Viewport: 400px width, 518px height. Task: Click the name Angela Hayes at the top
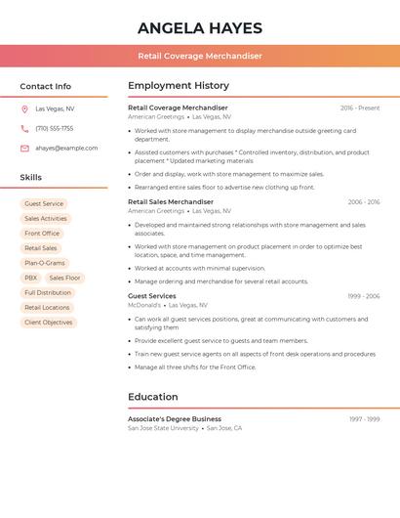click(200, 27)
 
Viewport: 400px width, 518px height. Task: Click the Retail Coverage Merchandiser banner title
click(200, 56)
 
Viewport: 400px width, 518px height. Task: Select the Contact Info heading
click(46, 86)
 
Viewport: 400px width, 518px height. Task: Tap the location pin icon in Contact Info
click(24, 108)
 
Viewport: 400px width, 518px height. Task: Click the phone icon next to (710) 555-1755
click(24, 128)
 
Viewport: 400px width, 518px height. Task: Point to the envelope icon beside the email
click(24, 148)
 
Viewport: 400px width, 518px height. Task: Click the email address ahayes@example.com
click(66, 148)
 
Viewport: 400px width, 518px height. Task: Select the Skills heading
click(31, 177)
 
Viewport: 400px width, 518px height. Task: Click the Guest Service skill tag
click(44, 204)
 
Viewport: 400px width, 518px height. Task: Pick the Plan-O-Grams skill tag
click(45, 263)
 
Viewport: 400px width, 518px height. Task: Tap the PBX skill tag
click(31, 278)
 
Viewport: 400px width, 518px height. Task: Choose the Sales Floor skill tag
click(65, 278)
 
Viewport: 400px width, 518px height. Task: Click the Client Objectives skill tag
click(49, 322)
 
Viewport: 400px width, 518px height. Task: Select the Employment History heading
click(179, 86)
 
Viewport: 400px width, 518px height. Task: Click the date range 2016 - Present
click(360, 108)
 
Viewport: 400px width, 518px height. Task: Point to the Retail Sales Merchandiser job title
click(171, 201)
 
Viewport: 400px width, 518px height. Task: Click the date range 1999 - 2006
click(363, 295)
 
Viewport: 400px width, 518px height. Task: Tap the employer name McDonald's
click(144, 304)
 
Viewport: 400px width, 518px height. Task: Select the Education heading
click(153, 397)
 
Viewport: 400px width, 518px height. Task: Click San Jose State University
click(163, 428)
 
